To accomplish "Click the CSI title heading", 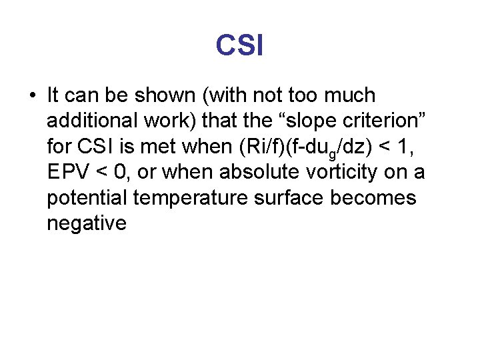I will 239,46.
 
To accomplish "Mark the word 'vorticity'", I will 341,172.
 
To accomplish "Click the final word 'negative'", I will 86,223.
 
